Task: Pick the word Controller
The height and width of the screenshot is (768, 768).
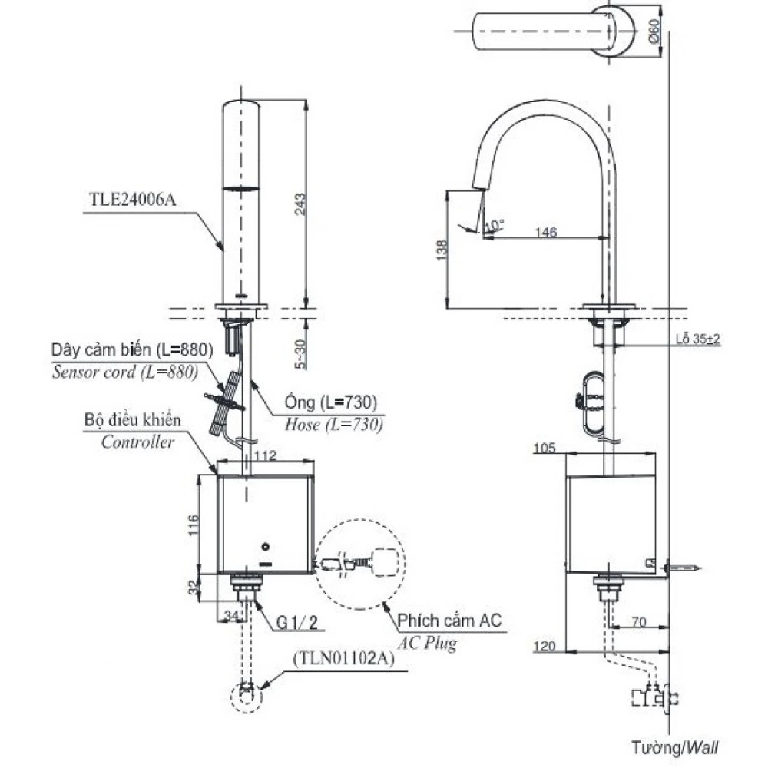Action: click(x=137, y=442)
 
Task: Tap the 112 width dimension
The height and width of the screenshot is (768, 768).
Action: click(x=264, y=456)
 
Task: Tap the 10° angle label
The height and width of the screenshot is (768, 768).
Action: click(x=495, y=225)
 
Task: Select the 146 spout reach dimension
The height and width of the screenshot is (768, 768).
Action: click(x=545, y=232)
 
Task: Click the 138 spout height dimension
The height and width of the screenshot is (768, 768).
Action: click(x=439, y=249)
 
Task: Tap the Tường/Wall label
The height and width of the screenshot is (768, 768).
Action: click(x=676, y=746)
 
